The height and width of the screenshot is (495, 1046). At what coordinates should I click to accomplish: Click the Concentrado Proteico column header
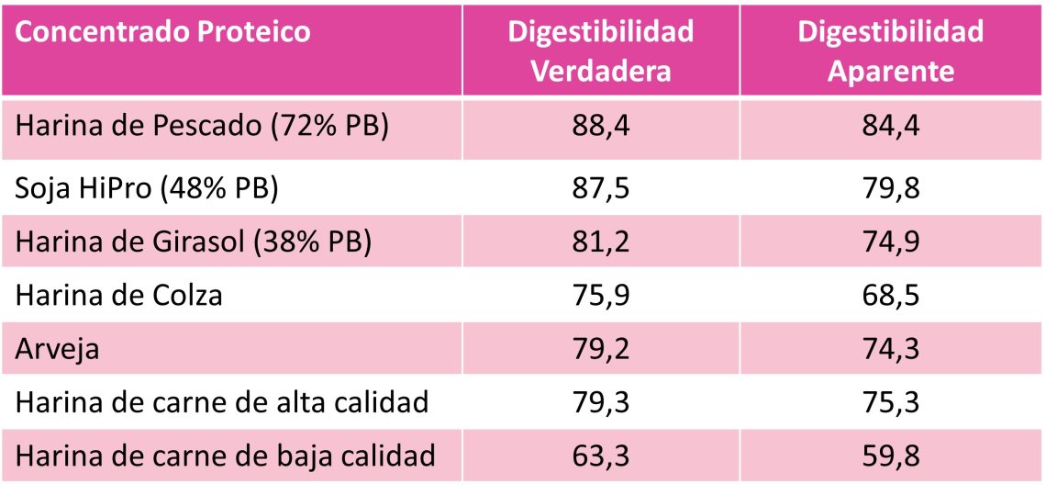164,32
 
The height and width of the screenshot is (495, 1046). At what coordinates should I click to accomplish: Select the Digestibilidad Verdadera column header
601,51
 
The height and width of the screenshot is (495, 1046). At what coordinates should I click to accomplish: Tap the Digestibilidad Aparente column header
891,51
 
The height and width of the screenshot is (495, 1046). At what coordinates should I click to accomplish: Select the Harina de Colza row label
120,296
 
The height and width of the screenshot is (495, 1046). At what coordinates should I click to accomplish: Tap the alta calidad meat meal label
223,402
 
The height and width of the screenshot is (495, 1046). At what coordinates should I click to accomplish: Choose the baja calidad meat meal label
226,456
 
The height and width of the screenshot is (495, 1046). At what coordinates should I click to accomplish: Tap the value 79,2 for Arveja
600,350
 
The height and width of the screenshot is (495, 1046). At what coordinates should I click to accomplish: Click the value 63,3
600,456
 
